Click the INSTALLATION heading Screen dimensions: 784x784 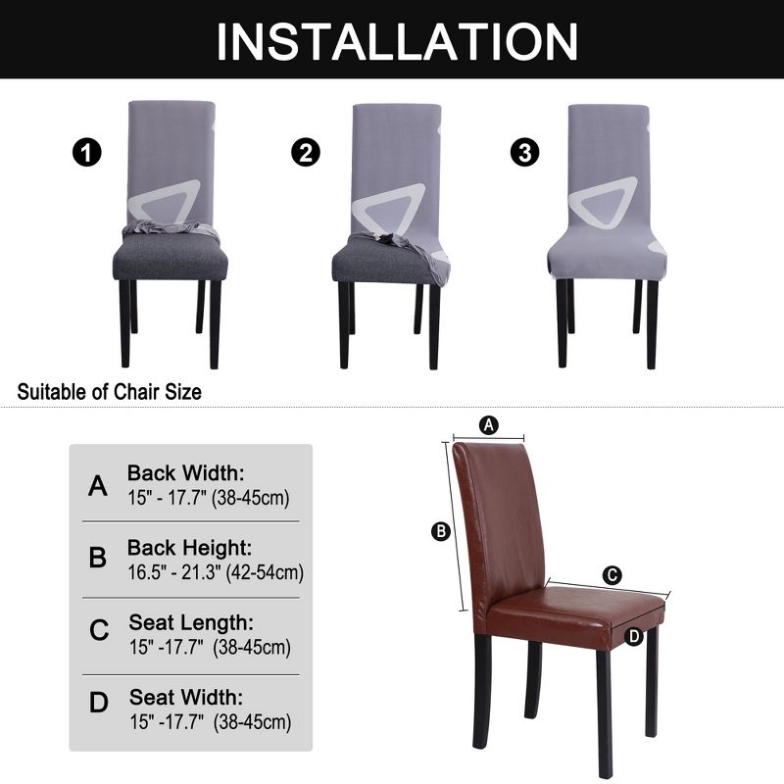coord(396,41)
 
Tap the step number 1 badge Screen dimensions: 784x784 coord(87,153)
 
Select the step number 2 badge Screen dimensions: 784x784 coord(306,153)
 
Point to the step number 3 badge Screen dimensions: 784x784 coord(525,153)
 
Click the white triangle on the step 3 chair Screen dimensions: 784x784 coord(606,203)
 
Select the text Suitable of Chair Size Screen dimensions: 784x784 coord(110,392)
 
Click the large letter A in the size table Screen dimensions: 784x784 coord(98,486)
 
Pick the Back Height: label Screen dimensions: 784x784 coord(189,547)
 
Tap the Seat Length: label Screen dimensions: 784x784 coord(191,622)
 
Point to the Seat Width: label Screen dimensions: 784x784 coord(187,698)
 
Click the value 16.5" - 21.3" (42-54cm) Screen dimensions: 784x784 coord(215,572)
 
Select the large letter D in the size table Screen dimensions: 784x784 coord(99,704)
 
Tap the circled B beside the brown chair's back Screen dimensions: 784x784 coord(441,531)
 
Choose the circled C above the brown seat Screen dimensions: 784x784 coord(612,575)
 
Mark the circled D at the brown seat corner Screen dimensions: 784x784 coord(634,636)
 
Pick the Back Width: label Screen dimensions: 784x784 coord(186,472)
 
